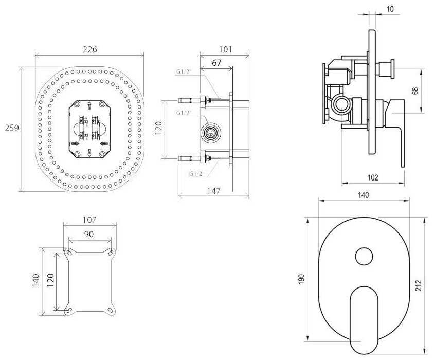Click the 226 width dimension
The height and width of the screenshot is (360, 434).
click(x=89, y=49)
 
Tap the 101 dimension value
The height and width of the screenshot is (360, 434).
click(x=225, y=49)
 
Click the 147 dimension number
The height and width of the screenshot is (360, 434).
click(x=213, y=191)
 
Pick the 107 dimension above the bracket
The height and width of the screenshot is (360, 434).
click(x=89, y=220)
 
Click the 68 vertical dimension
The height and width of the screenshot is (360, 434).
click(x=415, y=91)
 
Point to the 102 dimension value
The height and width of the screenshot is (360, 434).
click(x=373, y=178)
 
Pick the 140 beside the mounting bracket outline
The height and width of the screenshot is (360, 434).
click(x=36, y=281)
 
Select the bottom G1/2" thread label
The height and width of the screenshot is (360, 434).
click(x=197, y=173)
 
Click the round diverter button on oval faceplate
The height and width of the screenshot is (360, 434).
click(x=365, y=256)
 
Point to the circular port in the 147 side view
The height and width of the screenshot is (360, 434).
click(x=209, y=133)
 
